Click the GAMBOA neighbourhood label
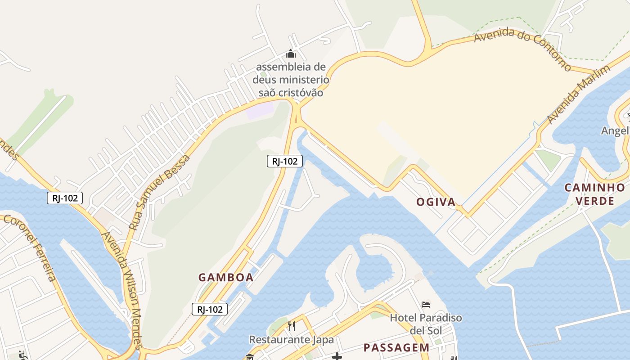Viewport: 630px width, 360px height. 226,278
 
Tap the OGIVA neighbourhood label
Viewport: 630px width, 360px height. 436,202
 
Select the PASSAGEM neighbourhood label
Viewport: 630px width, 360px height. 396,347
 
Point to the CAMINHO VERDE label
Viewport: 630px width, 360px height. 595,194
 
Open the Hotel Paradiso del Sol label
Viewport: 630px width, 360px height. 426,324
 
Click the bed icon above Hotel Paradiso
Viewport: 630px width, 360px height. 426,305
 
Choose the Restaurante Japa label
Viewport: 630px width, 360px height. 292,339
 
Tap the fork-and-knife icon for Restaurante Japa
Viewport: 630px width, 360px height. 292,326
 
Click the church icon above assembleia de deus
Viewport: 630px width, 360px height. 291,54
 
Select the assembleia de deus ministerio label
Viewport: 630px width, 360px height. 291,80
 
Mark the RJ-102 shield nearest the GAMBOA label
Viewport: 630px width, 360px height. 210,309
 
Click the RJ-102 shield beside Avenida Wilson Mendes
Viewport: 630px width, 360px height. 65,198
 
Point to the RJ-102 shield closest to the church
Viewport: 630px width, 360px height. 284,161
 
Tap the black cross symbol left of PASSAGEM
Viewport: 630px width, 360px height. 337,357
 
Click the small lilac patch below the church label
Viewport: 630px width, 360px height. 260,110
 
